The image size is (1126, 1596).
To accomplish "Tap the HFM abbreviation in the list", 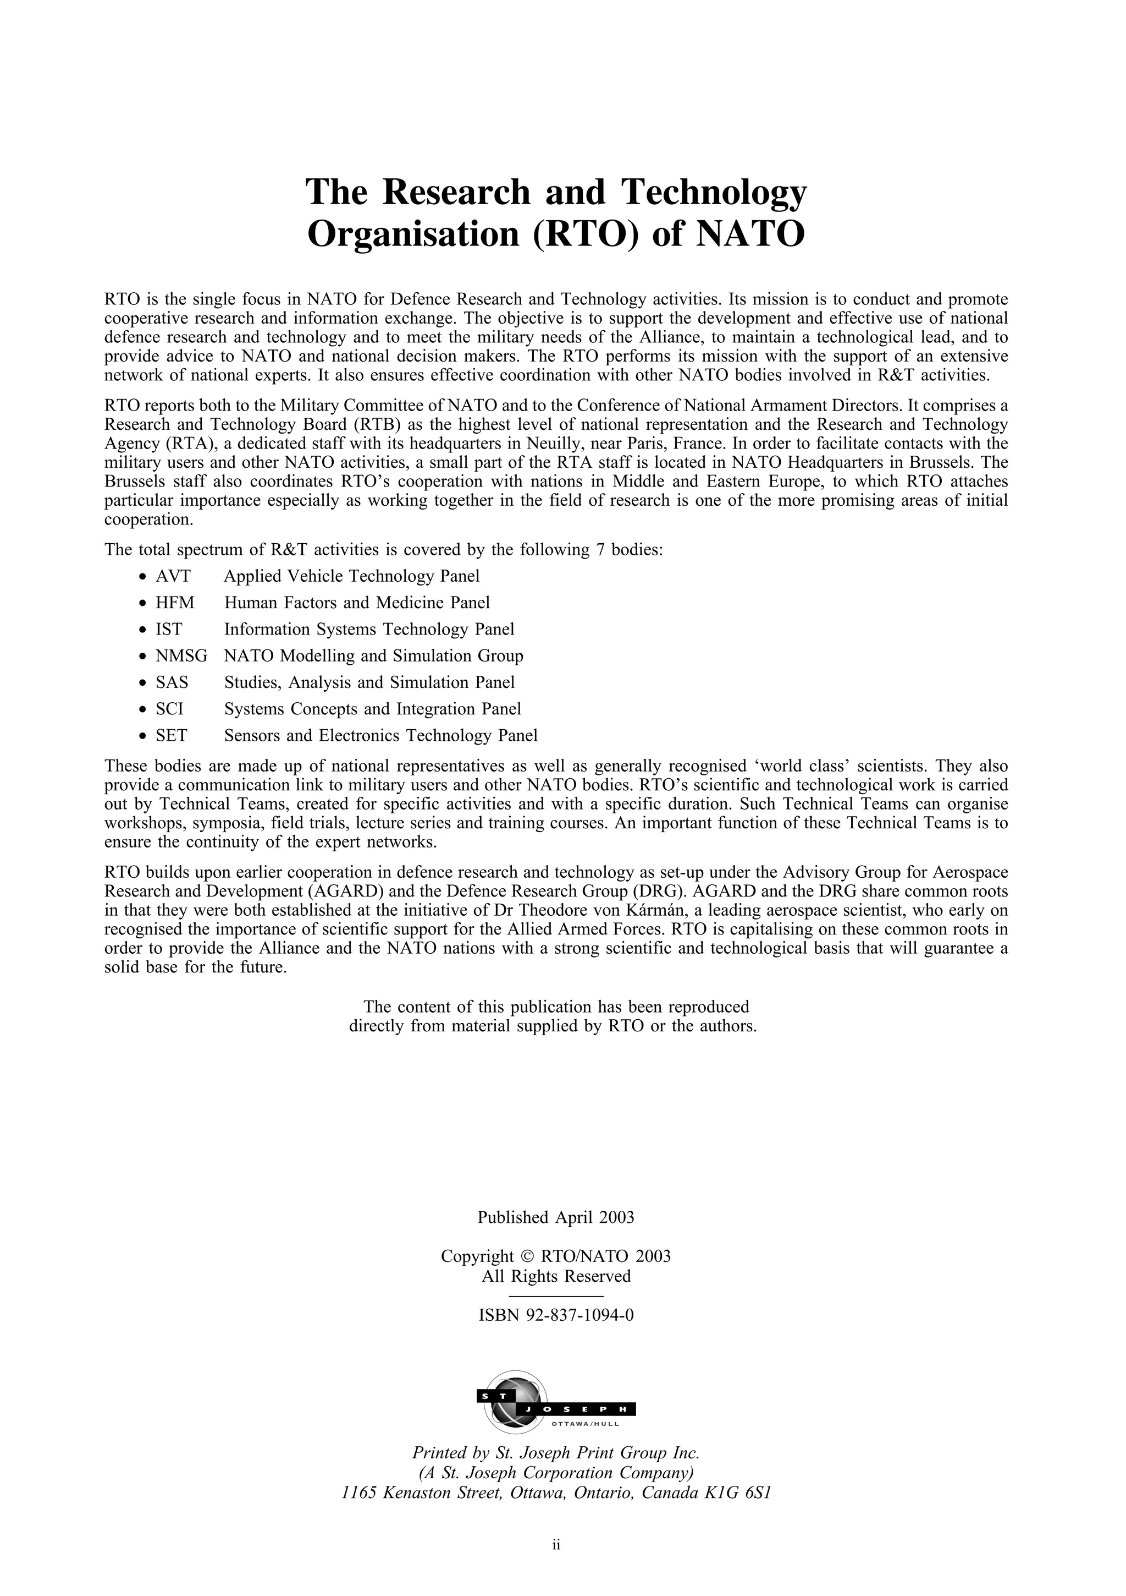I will pyautogui.click(x=175, y=603).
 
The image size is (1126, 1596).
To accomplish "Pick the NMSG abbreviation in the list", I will pyautogui.click(x=181, y=655).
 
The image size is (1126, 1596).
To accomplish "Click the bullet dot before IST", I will pyautogui.click(x=142, y=631).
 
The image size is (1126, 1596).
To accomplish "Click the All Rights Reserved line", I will pyautogui.click(x=556, y=1276).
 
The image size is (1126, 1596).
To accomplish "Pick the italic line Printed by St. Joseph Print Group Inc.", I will pyautogui.click(x=556, y=1453).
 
